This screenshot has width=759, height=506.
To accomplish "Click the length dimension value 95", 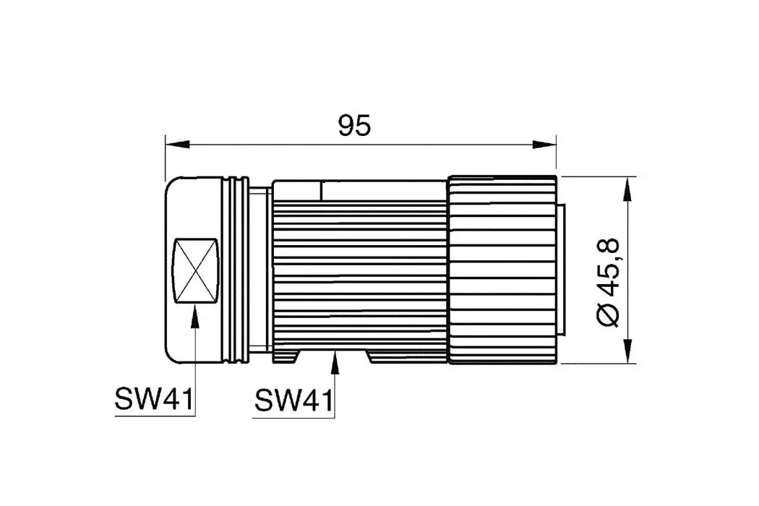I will click(x=354, y=126).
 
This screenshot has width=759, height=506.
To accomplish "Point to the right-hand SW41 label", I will click(x=293, y=400).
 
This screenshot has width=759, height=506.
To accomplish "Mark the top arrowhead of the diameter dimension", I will click(x=627, y=187).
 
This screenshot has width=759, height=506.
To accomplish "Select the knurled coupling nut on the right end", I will click(x=502, y=269).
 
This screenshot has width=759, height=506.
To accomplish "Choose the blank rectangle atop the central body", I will click(x=383, y=190).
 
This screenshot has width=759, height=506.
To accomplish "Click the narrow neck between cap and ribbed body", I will click(x=261, y=269).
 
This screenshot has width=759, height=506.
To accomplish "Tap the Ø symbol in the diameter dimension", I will click(x=609, y=315).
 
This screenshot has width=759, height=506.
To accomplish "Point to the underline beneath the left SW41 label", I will click(x=153, y=414).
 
